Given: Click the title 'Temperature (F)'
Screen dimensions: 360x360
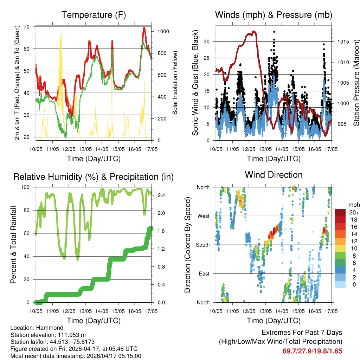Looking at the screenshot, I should [94, 15].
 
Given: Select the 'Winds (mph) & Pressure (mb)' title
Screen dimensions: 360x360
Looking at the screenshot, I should [274, 15].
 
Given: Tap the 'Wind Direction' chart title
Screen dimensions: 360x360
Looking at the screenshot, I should [274, 175].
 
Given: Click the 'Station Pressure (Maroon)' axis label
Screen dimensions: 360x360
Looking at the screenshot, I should [356, 83].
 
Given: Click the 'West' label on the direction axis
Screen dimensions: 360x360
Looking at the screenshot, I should [203, 216].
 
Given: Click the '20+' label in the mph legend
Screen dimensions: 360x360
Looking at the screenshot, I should [354, 212].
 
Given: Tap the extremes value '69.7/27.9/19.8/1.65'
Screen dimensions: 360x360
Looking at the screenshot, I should [312, 351].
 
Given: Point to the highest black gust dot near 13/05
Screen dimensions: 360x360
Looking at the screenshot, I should [274, 32].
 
